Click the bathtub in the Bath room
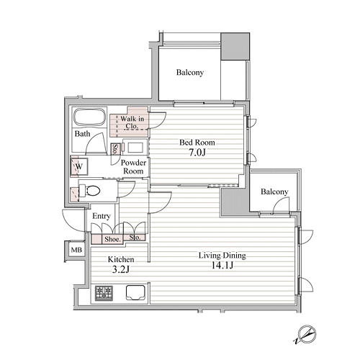coord(90,117)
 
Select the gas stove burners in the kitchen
coord(104,293)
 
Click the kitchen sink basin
coord(135,292)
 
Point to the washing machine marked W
coord(79,166)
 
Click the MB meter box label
coord(76,250)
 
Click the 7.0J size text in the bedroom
coord(197,153)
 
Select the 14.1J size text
coord(222,265)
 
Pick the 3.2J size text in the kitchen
coord(121,270)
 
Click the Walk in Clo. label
coord(132,122)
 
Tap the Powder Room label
coord(133,167)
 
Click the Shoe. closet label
coord(112,239)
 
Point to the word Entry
coord(102,216)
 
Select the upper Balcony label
coord(190,73)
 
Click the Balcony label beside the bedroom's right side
coord(274,192)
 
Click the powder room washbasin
coord(135,148)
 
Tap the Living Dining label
coord(222,256)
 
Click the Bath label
coord(82,133)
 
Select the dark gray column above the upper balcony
coord(235,46)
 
